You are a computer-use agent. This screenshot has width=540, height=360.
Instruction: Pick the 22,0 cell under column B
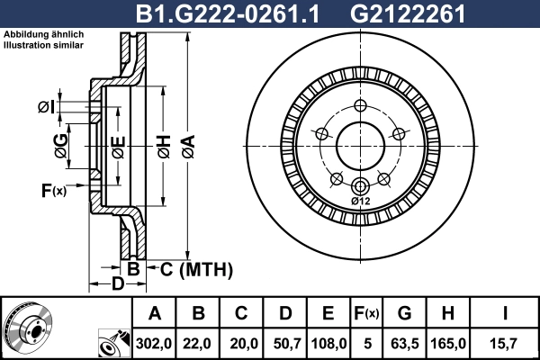(x=198, y=343)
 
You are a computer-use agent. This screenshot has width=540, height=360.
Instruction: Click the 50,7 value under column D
(x=284, y=343)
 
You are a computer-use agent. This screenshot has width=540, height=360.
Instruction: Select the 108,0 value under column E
(x=328, y=343)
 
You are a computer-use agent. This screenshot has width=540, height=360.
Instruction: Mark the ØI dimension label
(x=47, y=109)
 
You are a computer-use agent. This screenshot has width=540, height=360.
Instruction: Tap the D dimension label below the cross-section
(x=116, y=285)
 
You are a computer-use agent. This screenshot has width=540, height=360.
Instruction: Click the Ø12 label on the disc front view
(x=360, y=201)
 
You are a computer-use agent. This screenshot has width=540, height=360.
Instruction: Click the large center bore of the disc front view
(x=360, y=143)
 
